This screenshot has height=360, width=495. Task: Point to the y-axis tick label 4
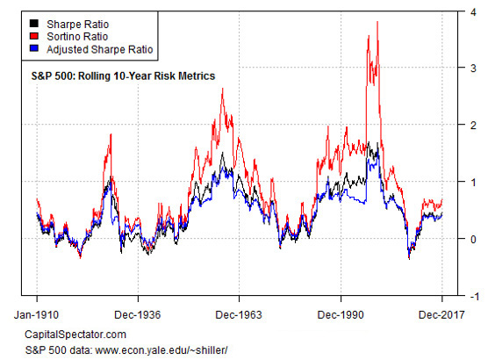click(x=473, y=11)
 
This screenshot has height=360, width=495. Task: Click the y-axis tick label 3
click(x=473, y=68)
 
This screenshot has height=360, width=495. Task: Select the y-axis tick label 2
click(x=473, y=126)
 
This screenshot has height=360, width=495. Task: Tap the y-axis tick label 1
click(x=473, y=183)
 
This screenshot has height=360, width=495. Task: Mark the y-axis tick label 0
click(x=473, y=239)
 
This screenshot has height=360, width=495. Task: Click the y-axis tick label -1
click(x=472, y=296)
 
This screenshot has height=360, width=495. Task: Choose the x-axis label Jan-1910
click(x=36, y=313)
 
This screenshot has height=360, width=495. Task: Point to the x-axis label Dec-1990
click(x=341, y=313)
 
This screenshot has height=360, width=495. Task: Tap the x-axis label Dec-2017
click(x=441, y=313)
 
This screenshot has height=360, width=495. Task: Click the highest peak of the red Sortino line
click(x=377, y=23)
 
